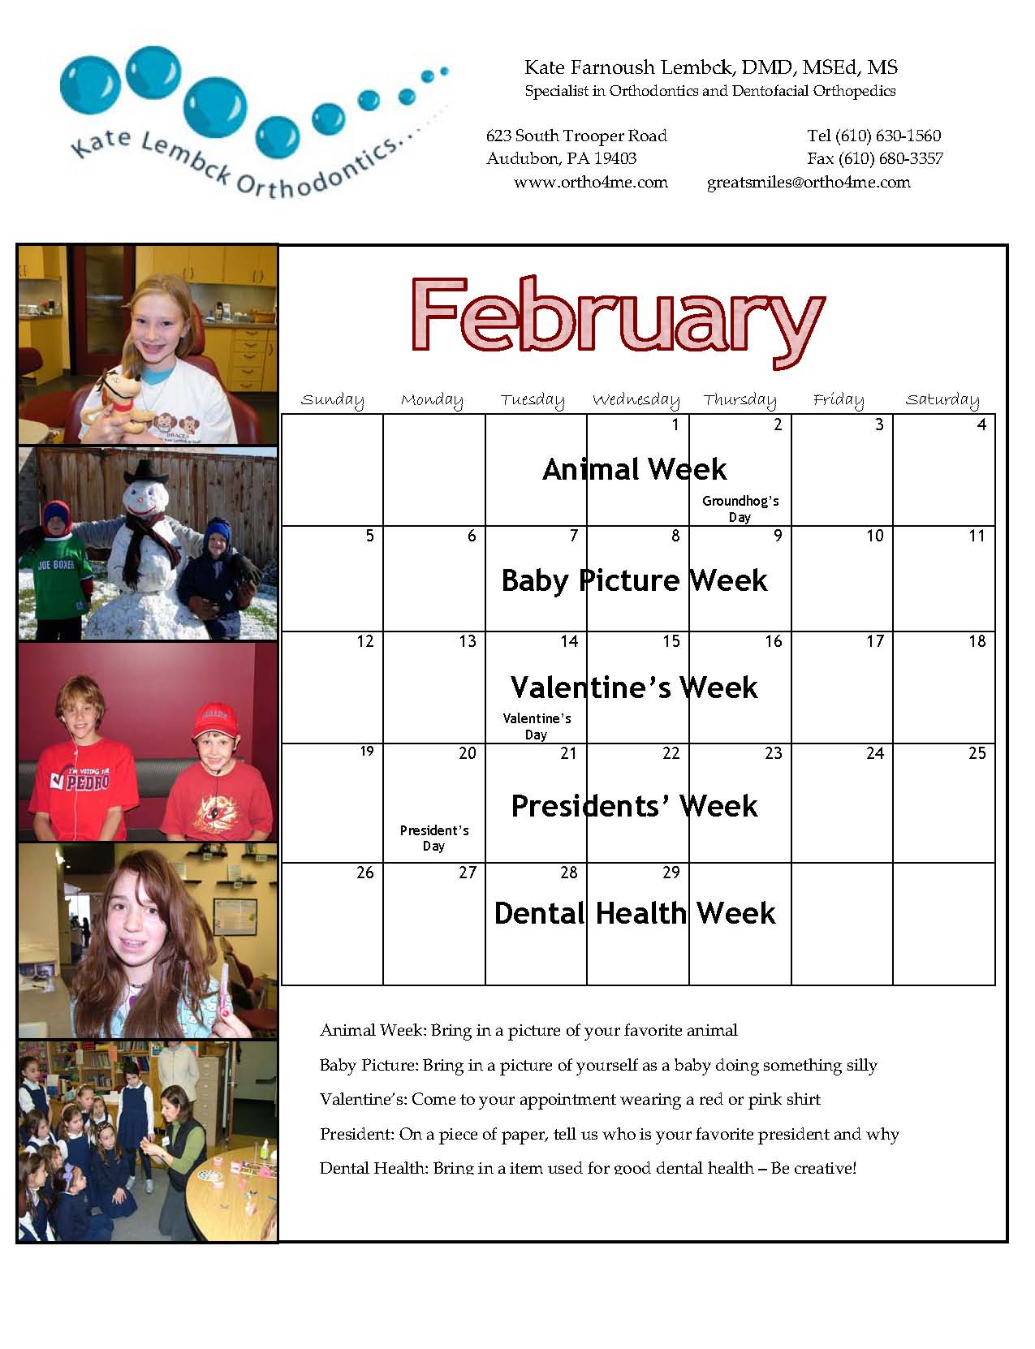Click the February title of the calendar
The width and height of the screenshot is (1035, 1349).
click(x=618, y=320)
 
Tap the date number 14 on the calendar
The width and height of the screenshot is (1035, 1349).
click(x=569, y=641)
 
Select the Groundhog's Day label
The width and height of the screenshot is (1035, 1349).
click(x=740, y=509)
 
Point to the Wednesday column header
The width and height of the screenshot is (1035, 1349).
click(x=636, y=399)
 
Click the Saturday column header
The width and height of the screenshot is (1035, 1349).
click(x=942, y=399)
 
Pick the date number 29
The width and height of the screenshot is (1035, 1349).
click(x=671, y=873)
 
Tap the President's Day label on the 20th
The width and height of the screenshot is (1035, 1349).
click(x=434, y=838)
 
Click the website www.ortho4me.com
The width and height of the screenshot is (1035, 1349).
click(x=591, y=183)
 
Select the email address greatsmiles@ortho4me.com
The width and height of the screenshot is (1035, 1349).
click(x=809, y=183)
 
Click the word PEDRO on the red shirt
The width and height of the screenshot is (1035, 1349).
click(x=88, y=782)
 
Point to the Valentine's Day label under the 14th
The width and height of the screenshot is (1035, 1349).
click(x=537, y=726)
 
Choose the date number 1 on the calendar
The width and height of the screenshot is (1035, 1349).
click(x=675, y=425)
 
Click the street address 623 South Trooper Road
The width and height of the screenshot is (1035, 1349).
click(x=577, y=136)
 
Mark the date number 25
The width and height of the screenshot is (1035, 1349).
click(x=977, y=753)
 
